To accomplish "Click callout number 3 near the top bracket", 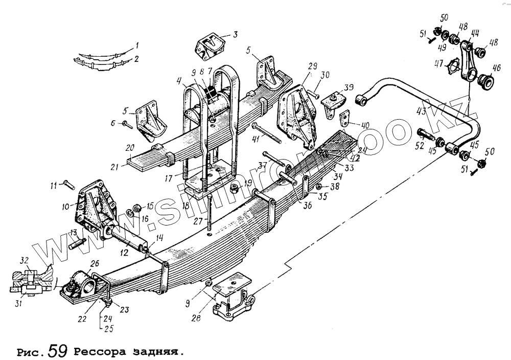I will (x=235, y=35).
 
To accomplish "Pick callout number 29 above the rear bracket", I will (x=313, y=67).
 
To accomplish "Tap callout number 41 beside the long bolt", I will (x=255, y=139).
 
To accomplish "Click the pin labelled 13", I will (x=76, y=244).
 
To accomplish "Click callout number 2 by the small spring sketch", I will (x=136, y=59).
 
